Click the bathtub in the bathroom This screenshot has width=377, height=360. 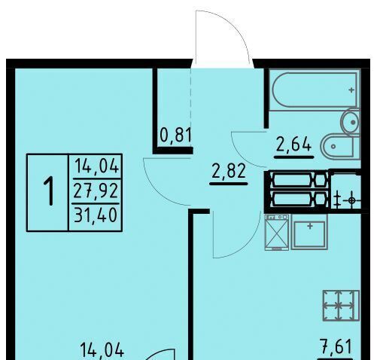[315, 90]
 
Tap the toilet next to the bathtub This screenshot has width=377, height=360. [351, 123]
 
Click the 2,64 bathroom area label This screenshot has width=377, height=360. [293, 145]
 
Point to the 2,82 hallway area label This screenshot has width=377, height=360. [229, 171]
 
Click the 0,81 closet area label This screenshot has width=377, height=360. [175, 136]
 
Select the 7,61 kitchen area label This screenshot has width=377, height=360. [336, 346]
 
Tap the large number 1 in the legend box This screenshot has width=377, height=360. [48, 191]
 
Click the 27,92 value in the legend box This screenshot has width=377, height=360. [96, 191]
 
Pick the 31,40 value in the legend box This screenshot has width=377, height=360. [96, 215]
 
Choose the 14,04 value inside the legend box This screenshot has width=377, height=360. [96, 166]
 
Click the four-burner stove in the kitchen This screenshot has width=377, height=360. [341, 306]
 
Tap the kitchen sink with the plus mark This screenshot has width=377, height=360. [309, 232]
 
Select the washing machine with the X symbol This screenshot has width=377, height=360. [277, 232]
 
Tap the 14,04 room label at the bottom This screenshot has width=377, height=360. [102, 349]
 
